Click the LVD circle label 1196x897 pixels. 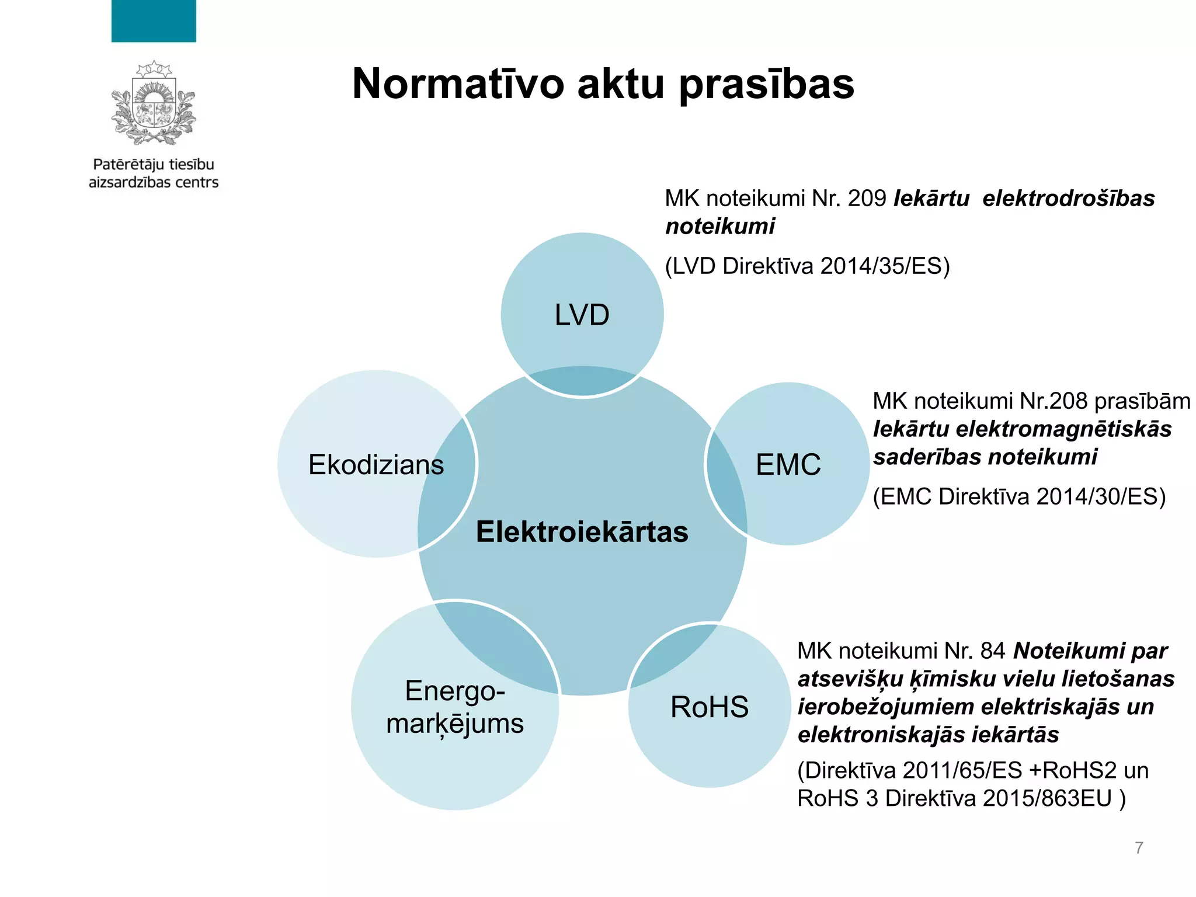click(x=582, y=315)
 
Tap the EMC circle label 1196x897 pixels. click(x=788, y=465)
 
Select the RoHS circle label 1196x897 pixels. click(x=709, y=707)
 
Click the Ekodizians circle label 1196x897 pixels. click(x=376, y=465)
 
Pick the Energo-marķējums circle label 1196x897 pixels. click(x=454, y=707)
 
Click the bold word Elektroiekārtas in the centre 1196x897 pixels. click(x=582, y=532)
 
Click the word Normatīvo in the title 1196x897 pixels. click(x=458, y=84)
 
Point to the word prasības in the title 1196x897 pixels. click(x=766, y=84)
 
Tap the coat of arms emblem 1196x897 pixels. click(x=154, y=103)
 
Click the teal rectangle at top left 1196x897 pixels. click(x=154, y=21)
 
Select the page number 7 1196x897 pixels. click(x=1139, y=847)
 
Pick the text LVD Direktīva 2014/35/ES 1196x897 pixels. click(x=807, y=266)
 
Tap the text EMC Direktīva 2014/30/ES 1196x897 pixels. click(x=1018, y=497)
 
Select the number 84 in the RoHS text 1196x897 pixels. click(x=992, y=651)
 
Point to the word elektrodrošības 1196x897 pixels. click(x=1068, y=199)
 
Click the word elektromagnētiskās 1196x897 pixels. click(x=1063, y=429)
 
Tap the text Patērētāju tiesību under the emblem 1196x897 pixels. click(x=154, y=165)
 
